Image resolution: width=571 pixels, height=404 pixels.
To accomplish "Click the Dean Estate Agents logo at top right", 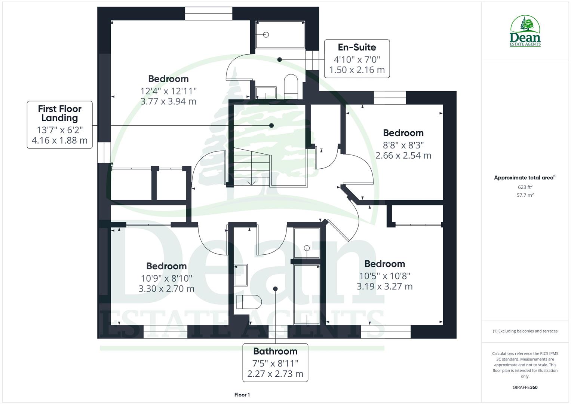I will pyautogui.click(x=525, y=31).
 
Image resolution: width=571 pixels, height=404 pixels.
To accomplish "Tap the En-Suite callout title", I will pyautogui.click(x=357, y=47).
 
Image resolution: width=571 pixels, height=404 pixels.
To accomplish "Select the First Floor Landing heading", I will pyautogui.click(x=59, y=113).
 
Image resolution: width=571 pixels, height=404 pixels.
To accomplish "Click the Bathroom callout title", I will pyautogui.click(x=275, y=351).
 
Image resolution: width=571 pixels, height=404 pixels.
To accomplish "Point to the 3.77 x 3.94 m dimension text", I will pyautogui.click(x=168, y=101).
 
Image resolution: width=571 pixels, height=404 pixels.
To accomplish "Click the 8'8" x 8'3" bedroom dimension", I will pyautogui.click(x=403, y=145).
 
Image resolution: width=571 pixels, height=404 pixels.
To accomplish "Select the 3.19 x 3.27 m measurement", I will pyautogui.click(x=384, y=287).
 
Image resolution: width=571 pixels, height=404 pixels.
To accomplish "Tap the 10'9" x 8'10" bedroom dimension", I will pyautogui.click(x=166, y=278).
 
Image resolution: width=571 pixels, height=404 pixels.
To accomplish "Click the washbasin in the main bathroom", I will pyautogui.click(x=240, y=275).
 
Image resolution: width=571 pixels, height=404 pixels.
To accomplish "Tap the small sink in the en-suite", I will pyautogui.click(x=266, y=93).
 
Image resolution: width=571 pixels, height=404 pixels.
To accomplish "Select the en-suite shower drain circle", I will pyautogui.click(x=266, y=35).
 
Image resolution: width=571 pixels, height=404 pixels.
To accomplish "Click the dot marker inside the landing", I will pyautogui.click(x=271, y=126).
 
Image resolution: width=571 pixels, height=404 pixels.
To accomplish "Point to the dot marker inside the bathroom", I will pyautogui.click(x=275, y=289).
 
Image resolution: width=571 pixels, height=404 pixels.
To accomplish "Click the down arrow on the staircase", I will pyautogui.click(x=251, y=183).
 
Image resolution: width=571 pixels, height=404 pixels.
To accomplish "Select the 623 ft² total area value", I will pyautogui.click(x=525, y=187).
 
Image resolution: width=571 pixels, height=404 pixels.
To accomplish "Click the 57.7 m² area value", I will pyautogui.click(x=525, y=195).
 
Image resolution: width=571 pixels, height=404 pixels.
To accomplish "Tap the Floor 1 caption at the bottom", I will pyautogui.click(x=242, y=395).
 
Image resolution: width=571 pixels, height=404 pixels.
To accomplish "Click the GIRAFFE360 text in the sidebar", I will pyautogui.click(x=525, y=388).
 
